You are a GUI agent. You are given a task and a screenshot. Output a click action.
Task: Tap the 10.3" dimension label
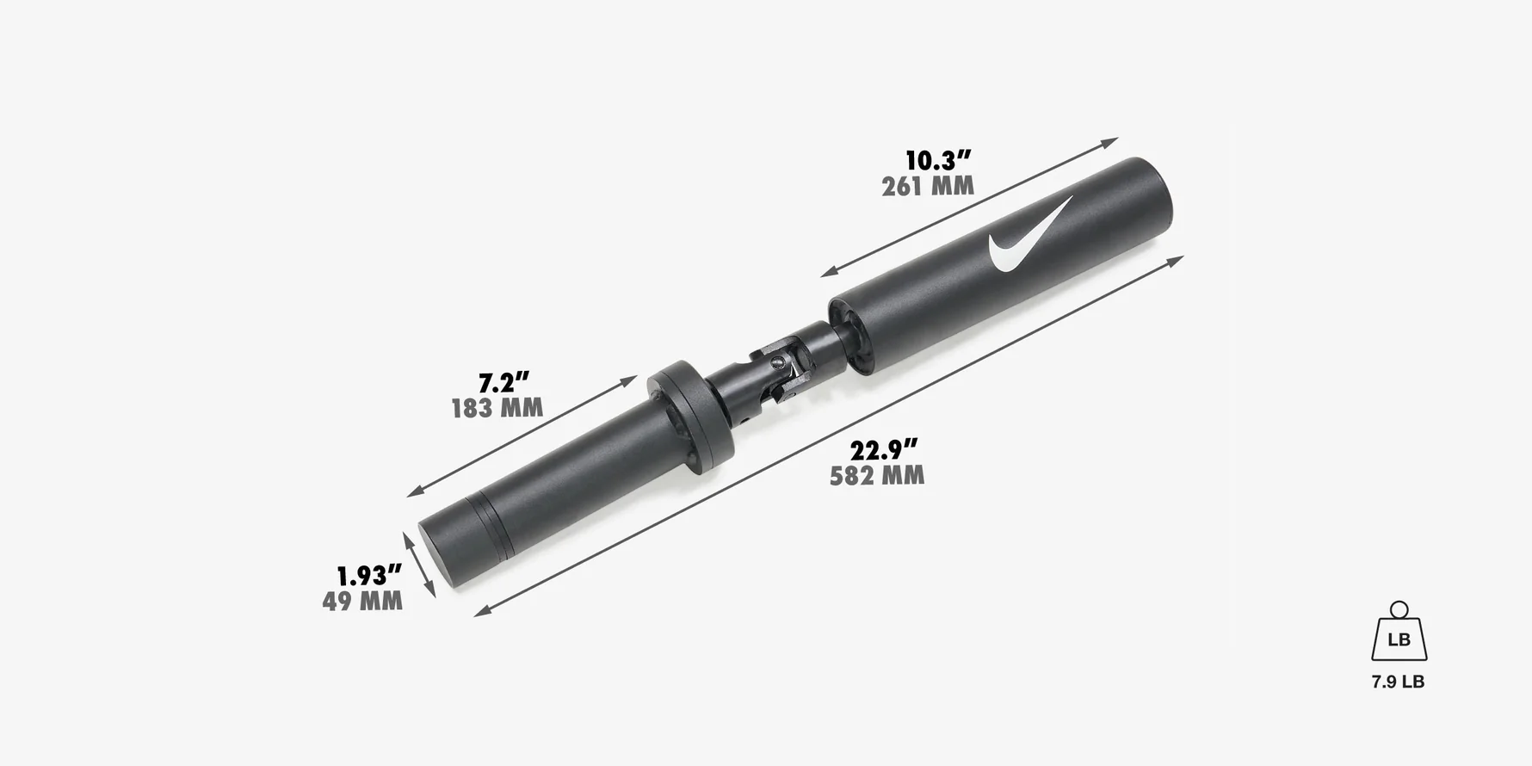(937, 160)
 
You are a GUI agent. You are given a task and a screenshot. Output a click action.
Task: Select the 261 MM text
(928, 186)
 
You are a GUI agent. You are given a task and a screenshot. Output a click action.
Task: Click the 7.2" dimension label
(503, 382)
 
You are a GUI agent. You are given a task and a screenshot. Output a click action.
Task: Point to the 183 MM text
(497, 408)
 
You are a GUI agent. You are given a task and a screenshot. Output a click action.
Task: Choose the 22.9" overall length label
(883, 450)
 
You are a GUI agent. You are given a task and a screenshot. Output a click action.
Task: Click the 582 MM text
(877, 476)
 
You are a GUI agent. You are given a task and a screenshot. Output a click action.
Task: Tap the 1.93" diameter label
(368, 576)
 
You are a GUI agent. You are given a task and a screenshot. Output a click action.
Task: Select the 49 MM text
(362, 602)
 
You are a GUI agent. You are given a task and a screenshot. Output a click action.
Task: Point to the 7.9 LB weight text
(1398, 682)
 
